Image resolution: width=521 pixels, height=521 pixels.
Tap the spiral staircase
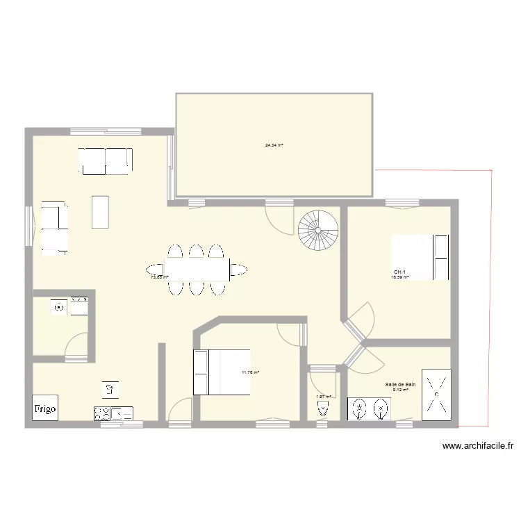click(319, 231)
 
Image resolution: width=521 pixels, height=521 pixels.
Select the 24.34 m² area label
click(274, 145)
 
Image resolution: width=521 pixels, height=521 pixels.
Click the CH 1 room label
click(399, 272)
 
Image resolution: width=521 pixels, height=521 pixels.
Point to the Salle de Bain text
click(400, 383)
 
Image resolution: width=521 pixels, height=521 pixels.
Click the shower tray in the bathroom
click(437, 395)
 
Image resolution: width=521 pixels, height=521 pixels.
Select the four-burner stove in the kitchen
click(101, 413)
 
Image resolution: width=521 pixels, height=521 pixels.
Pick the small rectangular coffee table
click(101, 212)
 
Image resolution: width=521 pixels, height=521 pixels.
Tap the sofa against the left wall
click(54, 227)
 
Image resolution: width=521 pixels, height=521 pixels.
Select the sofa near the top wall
click(105, 160)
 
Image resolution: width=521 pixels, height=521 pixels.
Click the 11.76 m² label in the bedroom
click(250, 372)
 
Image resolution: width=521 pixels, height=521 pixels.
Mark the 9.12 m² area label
click(400, 390)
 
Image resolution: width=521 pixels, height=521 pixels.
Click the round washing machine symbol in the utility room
click(59, 306)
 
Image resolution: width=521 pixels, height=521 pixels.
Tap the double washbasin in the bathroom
click(370, 409)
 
